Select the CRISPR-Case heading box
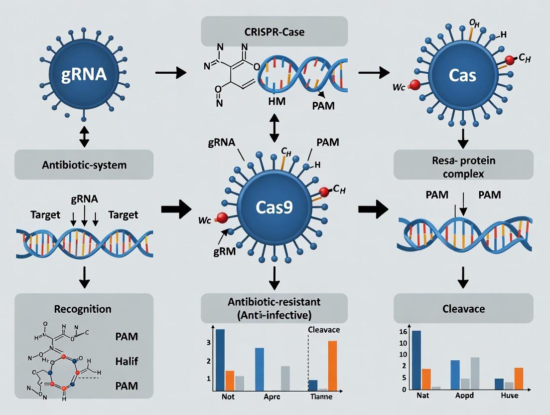pyautogui.click(x=275, y=32)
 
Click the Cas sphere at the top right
pyautogui.click(x=463, y=76)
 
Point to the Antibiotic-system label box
pyautogui.click(x=83, y=164)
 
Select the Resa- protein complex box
pyautogui.click(x=463, y=164)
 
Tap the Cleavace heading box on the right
pyautogui.click(x=463, y=309)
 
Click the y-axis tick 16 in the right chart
pyautogui.click(x=403, y=332)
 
